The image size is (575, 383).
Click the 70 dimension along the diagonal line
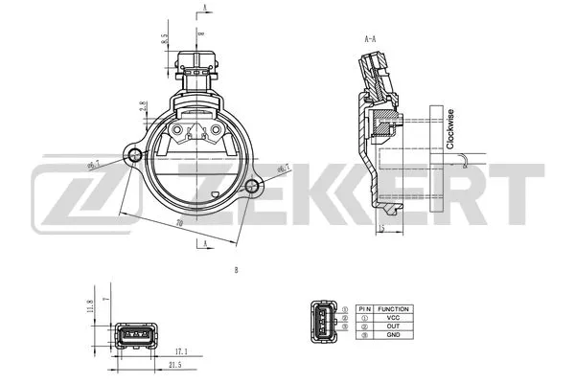pyautogui.click(x=180, y=224)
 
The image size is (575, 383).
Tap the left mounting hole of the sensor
pyautogui.click(x=135, y=155)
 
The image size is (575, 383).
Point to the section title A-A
pyautogui.click(x=369, y=39)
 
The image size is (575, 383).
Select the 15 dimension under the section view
pyautogui.click(x=380, y=229)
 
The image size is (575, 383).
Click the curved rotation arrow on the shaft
pyautogui.click(x=465, y=162)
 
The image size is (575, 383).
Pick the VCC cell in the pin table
pyautogui.click(x=392, y=318)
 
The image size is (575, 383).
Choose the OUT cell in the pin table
pyautogui.click(x=392, y=327)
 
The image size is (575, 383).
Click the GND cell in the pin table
pyautogui.click(x=392, y=335)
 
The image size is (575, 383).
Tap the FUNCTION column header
pyautogui.click(x=393, y=309)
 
